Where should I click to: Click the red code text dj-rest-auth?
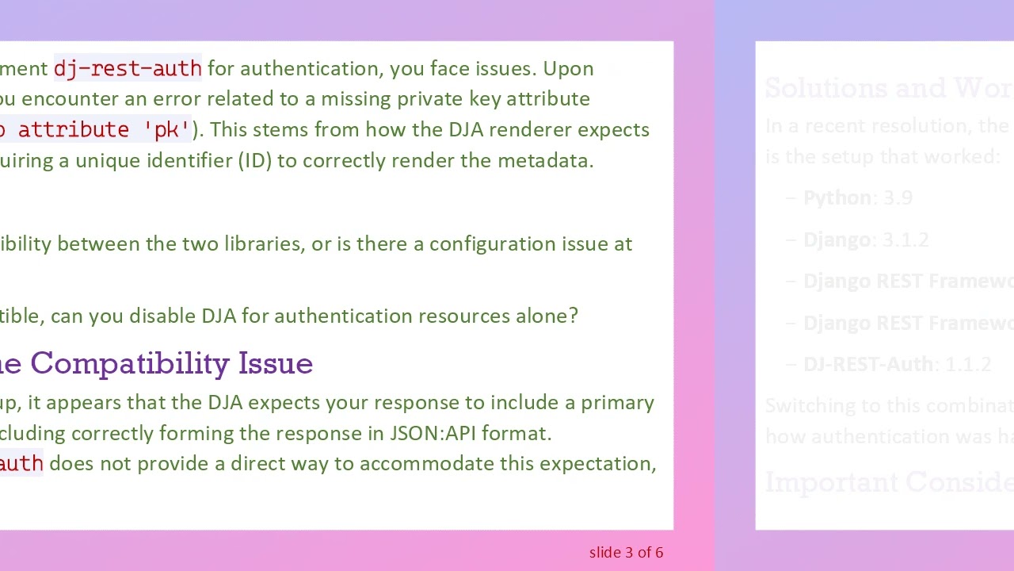[128, 69]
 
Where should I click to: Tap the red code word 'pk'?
[166, 129]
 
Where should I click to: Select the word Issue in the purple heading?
[276, 363]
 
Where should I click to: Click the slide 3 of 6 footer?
[626, 553]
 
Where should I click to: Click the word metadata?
[545, 161]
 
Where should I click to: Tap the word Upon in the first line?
[568, 69]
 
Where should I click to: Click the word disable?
[162, 316]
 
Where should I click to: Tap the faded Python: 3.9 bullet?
[857, 198]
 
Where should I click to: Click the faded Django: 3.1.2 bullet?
[865, 240]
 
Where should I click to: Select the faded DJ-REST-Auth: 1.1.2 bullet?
[897, 365]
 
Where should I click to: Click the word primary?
[617, 403]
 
